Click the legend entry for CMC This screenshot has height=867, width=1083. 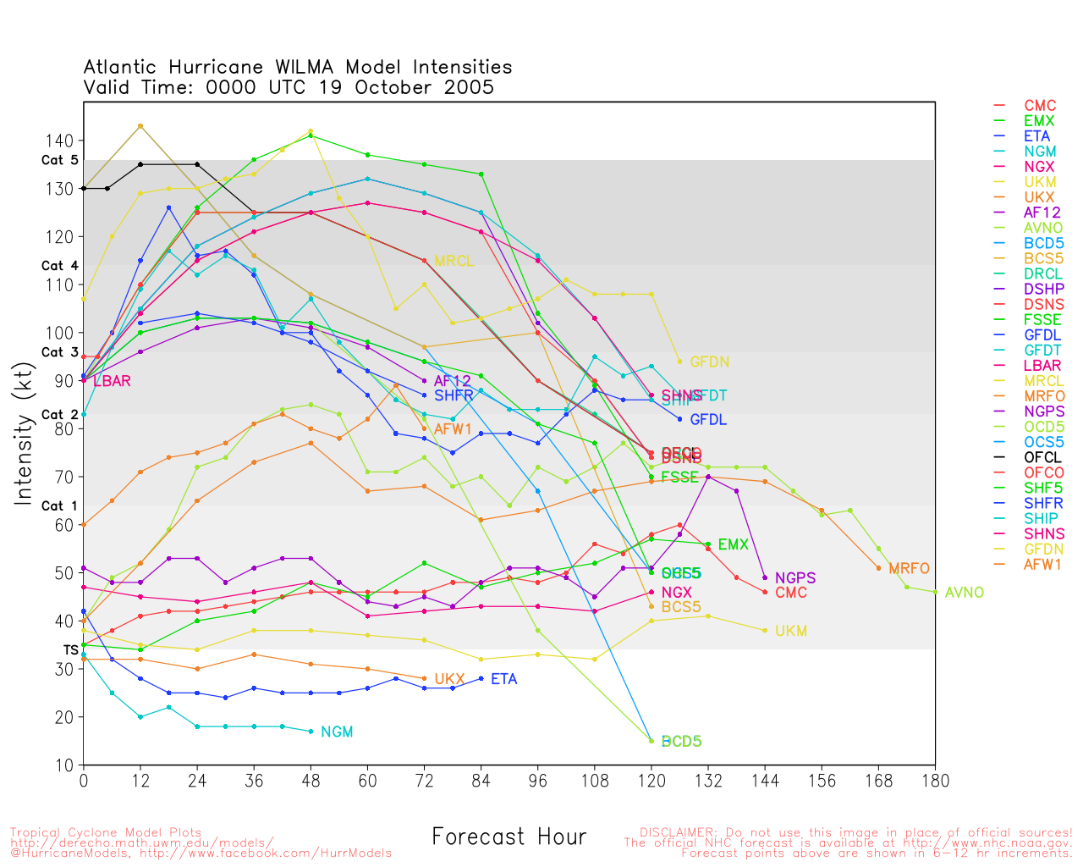[1039, 106]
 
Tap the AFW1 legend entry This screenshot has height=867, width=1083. [1043, 565]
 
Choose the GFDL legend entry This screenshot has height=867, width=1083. [1042, 335]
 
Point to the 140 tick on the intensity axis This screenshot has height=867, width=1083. [64, 141]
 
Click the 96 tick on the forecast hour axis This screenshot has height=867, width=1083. [537, 781]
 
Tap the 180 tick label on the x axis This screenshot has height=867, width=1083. [935, 781]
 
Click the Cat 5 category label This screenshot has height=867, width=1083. [59, 161]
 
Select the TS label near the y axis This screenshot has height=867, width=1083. [71, 650]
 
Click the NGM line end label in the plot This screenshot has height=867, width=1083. [337, 732]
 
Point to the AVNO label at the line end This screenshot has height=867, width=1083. [964, 593]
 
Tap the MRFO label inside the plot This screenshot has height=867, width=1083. [909, 569]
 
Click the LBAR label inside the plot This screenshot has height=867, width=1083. [112, 381]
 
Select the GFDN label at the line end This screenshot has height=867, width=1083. [709, 362]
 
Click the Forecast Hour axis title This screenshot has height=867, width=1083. [509, 837]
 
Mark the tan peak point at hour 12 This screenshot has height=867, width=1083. [140, 126]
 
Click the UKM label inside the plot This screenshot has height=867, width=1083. [790, 631]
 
